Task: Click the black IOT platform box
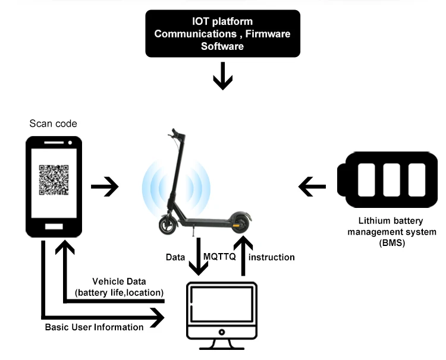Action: click(223, 33)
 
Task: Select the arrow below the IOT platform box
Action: click(223, 76)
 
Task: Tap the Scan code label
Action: click(53, 124)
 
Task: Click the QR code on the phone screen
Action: click(54, 180)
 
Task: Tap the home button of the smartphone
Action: click(54, 226)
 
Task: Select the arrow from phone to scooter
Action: click(105, 187)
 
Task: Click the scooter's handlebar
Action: click(176, 134)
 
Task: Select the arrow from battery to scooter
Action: click(312, 187)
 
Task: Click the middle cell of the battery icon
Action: click(392, 180)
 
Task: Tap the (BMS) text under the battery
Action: click(392, 243)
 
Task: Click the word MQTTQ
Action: click(219, 257)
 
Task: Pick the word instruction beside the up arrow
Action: click(272, 257)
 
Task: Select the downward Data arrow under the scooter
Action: click(199, 257)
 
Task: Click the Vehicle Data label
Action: click(119, 282)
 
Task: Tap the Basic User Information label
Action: click(94, 327)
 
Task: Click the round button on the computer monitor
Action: click(222, 332)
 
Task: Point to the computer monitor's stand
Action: click(222, 345)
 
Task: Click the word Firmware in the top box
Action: click(268, 34)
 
